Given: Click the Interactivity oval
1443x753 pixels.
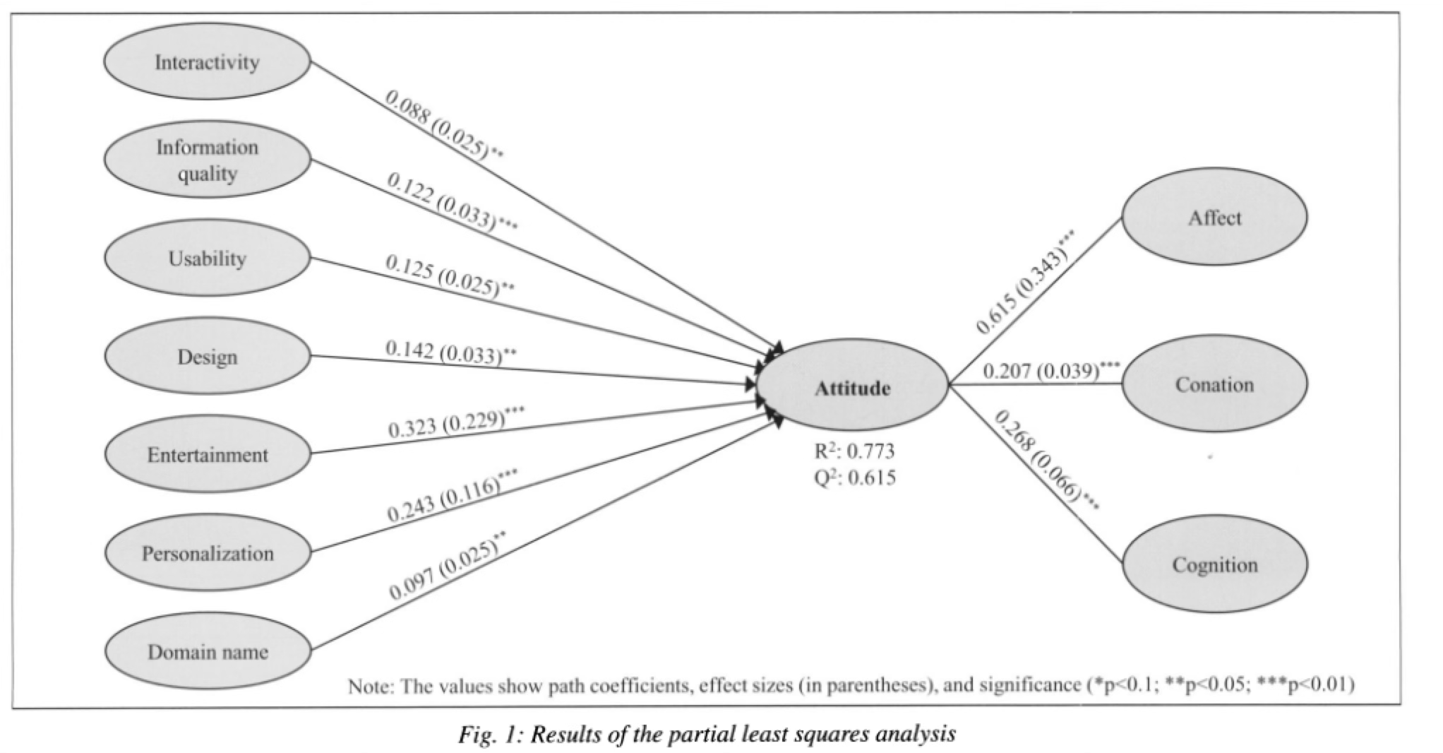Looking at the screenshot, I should [207, 62].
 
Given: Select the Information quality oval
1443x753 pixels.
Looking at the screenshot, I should [207, 160].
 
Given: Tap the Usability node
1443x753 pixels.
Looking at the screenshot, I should [207, 259].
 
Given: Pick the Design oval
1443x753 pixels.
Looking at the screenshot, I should [207, 357].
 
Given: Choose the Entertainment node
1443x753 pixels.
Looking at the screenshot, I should [207, 454].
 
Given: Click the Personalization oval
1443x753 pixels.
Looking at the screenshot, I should [207, 553].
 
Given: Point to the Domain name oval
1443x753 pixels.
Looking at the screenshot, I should [207, 651].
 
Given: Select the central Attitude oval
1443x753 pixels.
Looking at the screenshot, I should [852, 388].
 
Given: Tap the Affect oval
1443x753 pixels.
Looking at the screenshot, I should [1214, 218].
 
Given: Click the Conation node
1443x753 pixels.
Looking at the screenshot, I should [1214, 384].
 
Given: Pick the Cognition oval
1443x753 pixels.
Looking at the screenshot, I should [1214, 565].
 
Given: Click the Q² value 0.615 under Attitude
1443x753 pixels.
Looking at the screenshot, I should [870, 478].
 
